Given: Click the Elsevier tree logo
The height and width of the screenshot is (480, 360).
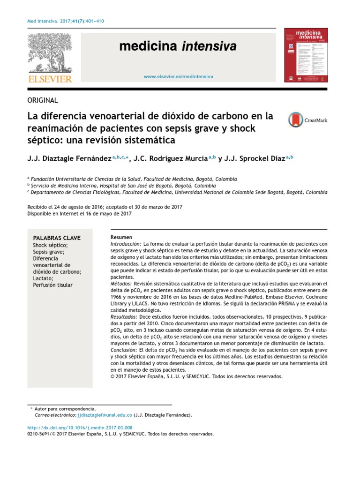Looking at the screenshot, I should (x=51, y=53).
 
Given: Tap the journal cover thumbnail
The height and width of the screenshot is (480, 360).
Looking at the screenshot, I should (x=306, y=55).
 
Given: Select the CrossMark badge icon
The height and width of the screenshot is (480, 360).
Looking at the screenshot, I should (x=296, y=120).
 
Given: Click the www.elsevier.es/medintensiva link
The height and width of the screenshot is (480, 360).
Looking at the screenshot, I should (x=178, y=76).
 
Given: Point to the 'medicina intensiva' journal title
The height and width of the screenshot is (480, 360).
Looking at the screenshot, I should (x=178, y=46).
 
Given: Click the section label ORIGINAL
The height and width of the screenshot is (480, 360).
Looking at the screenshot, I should (x=43, y=100).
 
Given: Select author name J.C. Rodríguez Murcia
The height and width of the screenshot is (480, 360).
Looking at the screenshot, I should (x=170, y=158).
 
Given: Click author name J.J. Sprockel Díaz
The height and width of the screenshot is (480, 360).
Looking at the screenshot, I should (x=256, y=158).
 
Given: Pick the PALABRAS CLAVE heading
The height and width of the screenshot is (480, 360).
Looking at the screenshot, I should (x=53, y=238).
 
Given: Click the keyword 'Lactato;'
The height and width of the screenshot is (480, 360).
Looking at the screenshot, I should (x=43, y=278).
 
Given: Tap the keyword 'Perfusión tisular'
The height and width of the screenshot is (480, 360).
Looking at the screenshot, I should (x=52, y=285).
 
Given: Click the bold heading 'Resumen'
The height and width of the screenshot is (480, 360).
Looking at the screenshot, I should (x=121, y=237).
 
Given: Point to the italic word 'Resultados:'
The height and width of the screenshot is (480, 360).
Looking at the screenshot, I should (x=124, y=317).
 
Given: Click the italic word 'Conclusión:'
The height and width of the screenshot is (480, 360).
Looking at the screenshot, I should (x=124, y=350).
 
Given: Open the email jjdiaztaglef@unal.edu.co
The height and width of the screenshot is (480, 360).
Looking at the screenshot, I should (x=105, y=415).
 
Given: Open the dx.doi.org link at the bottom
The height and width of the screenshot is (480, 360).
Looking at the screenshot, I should (x=80, y=427).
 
